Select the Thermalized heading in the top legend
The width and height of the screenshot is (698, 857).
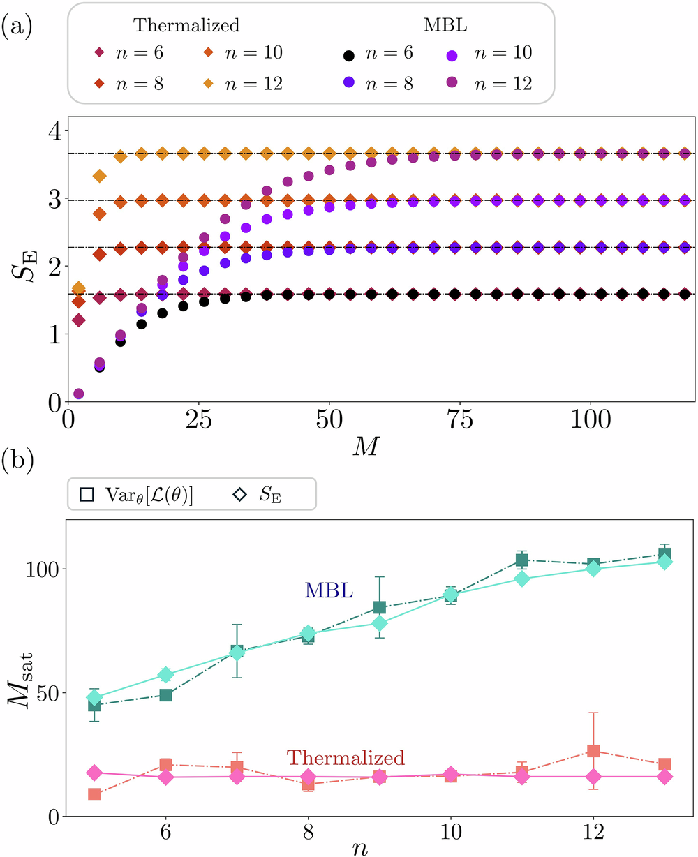coord(186,26)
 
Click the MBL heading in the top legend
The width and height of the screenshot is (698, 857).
coord(438,26)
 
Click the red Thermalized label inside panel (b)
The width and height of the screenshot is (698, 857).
coord(345,757)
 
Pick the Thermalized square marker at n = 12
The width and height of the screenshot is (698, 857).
coord(594,751)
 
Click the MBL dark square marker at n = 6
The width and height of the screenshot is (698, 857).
coord(166,695)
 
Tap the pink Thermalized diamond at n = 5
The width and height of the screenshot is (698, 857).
coord(94,773)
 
